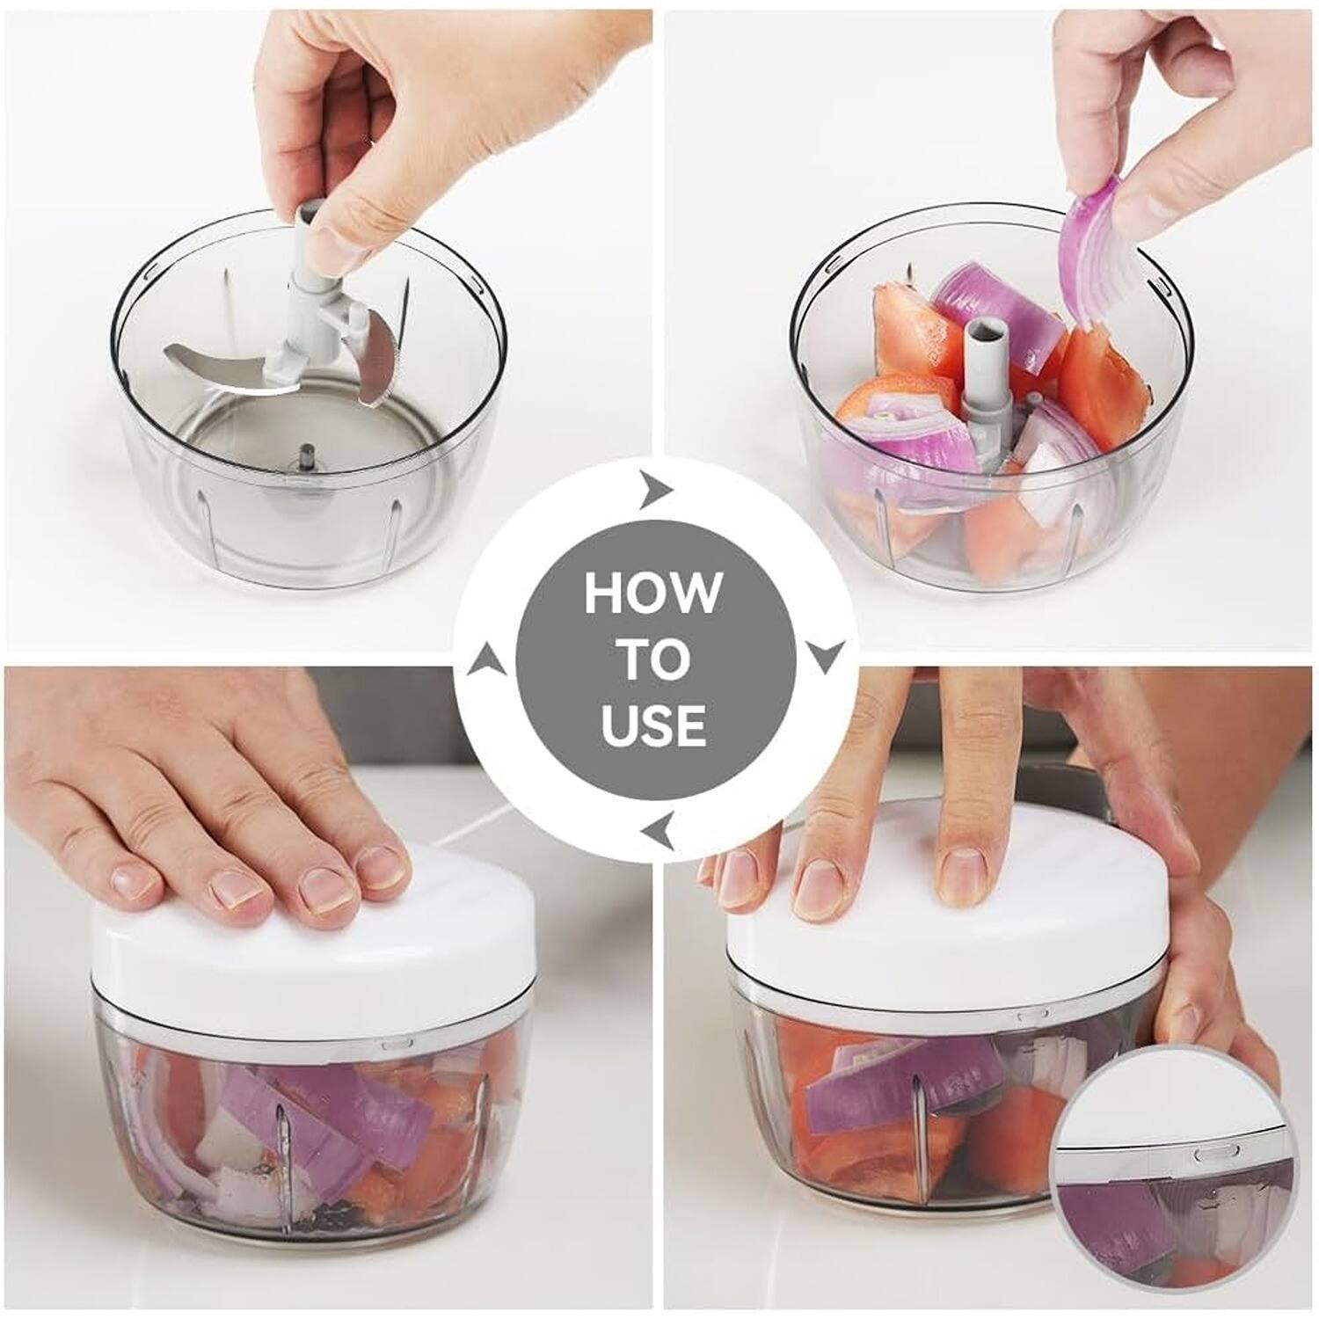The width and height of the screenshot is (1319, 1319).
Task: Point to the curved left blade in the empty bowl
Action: (220, 369)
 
